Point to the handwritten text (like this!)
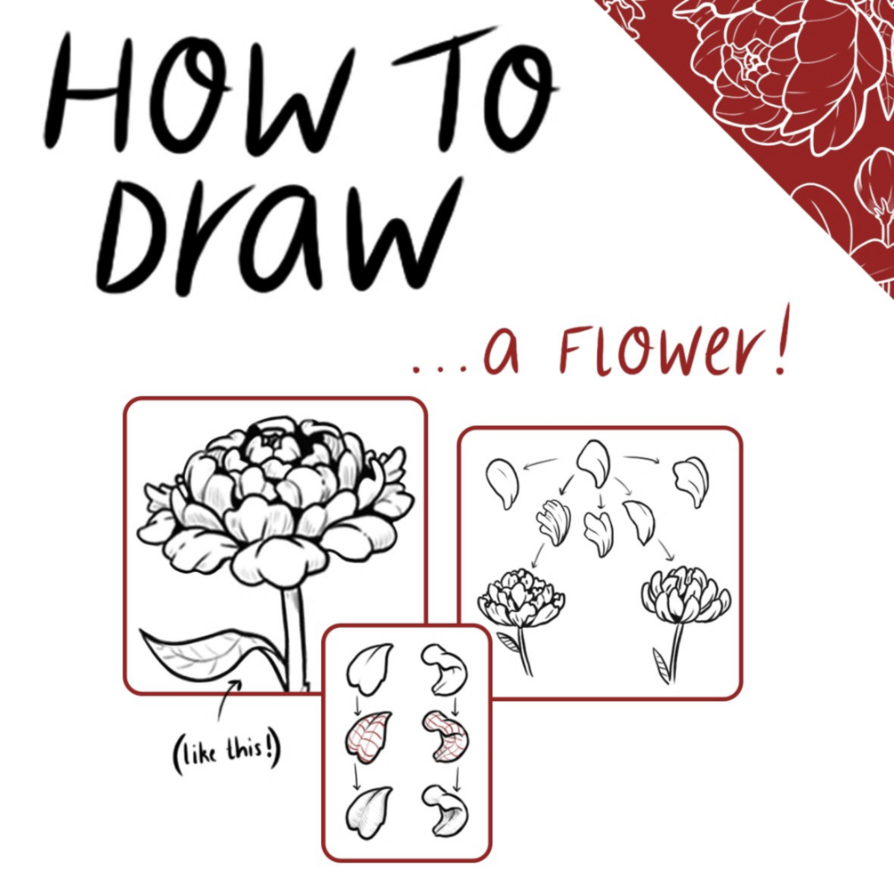pos(227,752)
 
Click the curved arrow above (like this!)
pos(227,700)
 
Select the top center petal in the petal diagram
pos(593,463)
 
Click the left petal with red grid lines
pos(367,737)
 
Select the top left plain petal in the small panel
pos(369,668)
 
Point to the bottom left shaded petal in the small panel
pos(368,812)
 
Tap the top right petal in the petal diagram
pos(691,481)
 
